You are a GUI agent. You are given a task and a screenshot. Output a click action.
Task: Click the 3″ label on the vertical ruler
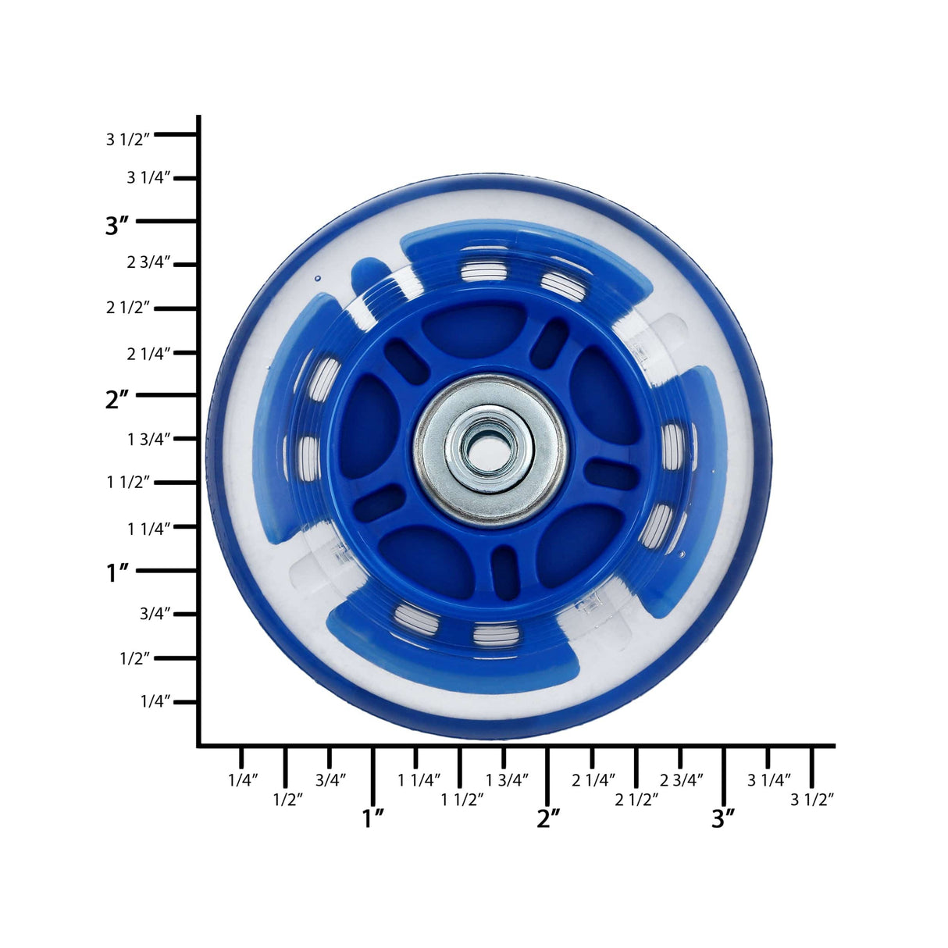pyautogui.click(x=117, y=226)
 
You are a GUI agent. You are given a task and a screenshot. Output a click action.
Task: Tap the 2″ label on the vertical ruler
pyautogui.click(x=117, y=400)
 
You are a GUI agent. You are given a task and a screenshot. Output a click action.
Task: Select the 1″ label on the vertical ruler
pyautogui.click(x=117, y=573)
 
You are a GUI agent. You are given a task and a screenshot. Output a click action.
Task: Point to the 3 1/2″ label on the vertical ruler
pyautogui.click(x=127, y=140)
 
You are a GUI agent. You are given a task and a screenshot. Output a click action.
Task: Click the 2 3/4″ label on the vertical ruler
pyautogui.click(x=148, y=263)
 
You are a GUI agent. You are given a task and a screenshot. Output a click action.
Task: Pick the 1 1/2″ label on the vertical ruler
pyautogui.click(x=127, y=483)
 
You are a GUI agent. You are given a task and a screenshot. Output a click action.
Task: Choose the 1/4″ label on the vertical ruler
pyautogui.click(x=155, y=701)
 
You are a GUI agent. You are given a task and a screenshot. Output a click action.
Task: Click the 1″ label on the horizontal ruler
pyautogui.click(x=373, y=818)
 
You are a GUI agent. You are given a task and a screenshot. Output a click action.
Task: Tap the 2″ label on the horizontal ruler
pyautogui.click(x=548, y=818)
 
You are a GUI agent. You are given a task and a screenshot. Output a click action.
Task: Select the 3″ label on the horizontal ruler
pyautogui.click(x=723, y=818)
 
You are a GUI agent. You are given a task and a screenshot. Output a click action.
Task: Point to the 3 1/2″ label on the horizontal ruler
pyautogui.click(x=812, y=800)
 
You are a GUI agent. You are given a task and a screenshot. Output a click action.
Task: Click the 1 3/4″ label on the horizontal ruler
pyautogui.click(x=508, y=779)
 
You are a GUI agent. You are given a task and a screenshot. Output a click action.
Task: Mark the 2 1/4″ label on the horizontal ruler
pyautogui.click(x=593, y=779)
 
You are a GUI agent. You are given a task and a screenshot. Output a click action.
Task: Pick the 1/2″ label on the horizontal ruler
pyautogui.click(x=287, y=800)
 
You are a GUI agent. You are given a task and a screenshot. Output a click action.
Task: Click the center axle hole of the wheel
pyautogui.click(x=490, y=451)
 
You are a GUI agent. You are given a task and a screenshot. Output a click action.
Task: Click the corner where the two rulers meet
pyautogui.click(x=199, y=746)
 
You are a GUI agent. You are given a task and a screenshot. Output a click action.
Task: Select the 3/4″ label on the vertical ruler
pyautogui.click(x=155, y=614)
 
